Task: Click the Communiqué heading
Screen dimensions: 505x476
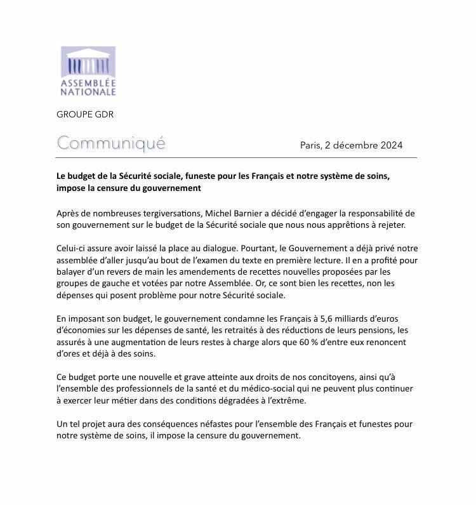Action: coord(111,143)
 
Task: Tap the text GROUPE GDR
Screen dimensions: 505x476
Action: coord(85,114)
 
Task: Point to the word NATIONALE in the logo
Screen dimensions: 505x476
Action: coord(88,92)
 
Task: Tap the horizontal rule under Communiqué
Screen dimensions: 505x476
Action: coord(237,157)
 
